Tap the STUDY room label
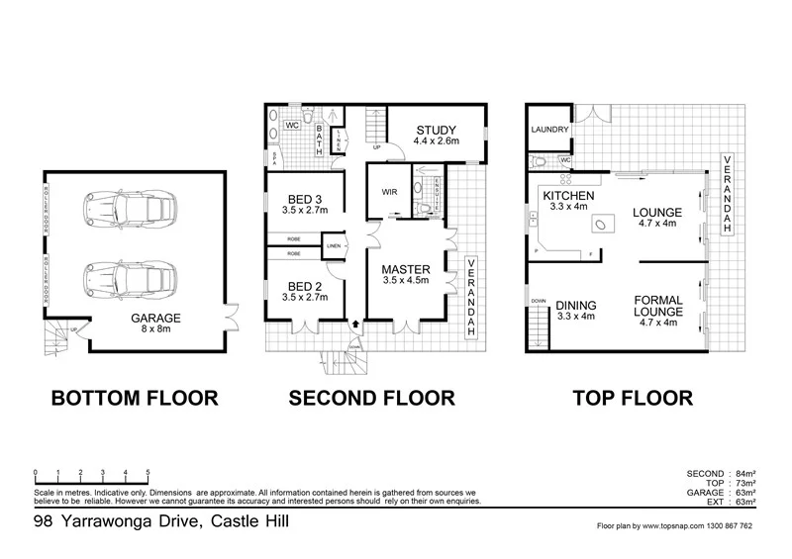[x=436, y=130]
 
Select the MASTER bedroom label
[x=406, y=269]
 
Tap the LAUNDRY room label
[x=548, y=130]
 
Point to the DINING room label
[x=574, y=305]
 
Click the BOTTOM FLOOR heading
[x=135, y=399]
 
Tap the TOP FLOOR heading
[x=631, y=399]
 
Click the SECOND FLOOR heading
[x=371, y=399]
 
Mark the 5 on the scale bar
[x=148, y=472]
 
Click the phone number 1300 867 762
[x=728, y=526]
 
